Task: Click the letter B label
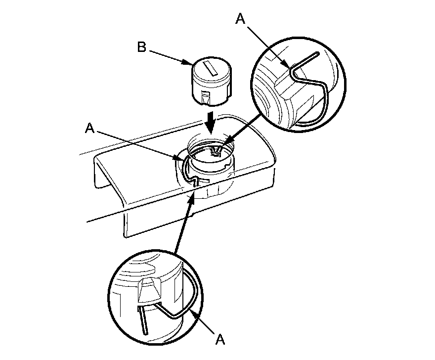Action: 141,47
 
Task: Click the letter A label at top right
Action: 241,19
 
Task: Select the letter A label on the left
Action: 90,128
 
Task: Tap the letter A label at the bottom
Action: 220,339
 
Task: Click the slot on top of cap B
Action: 210,69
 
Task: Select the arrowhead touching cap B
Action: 187,62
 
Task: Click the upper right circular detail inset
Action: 298,85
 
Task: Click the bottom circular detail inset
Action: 155,297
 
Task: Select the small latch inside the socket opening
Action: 216,151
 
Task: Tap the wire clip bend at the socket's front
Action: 196,182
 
